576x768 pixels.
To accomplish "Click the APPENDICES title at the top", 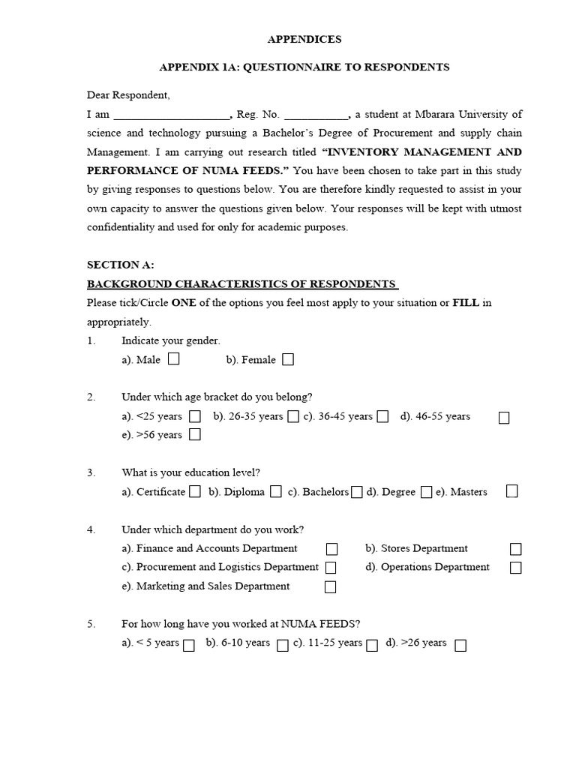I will point(304,39).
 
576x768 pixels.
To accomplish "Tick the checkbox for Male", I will point(174,359).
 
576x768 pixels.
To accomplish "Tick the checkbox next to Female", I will point(288,360).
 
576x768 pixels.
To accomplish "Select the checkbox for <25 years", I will point(195,416).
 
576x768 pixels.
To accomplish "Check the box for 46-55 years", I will point(504,417).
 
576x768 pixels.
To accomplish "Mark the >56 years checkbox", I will point(195,435).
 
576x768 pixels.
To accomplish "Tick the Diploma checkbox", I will point(276,492).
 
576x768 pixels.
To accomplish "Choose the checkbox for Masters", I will point(511,491).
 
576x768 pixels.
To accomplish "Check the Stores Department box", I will point(516,549).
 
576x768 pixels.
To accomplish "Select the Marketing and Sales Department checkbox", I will point(330,587).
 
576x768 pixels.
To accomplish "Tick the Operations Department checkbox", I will point(516,568).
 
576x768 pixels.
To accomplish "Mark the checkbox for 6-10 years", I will point(283,645).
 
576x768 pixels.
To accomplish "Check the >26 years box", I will point(460,645).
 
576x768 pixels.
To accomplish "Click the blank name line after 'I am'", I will point(172,115).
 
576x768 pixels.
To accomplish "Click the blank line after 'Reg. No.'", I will point(316,115).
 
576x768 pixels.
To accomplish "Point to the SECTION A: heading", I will point(120,265).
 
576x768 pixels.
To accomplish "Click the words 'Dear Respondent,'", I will point(128,95).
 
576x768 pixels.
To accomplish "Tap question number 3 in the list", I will point(91,472).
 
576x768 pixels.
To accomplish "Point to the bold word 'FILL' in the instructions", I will point(466,303).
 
